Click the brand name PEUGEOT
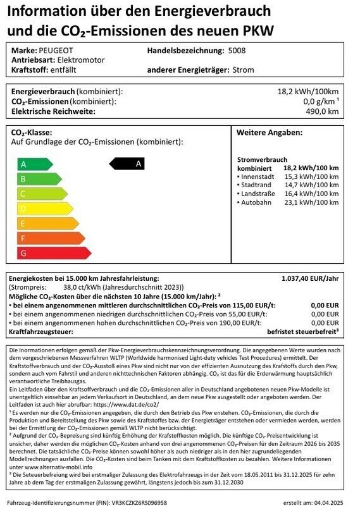click(57, 50)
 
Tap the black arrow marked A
click(133, 164)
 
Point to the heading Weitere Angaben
click(270, 133)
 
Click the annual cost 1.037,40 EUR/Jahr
click(310, 278)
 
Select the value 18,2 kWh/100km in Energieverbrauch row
click(308, 92)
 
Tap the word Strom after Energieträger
click(244, 70)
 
